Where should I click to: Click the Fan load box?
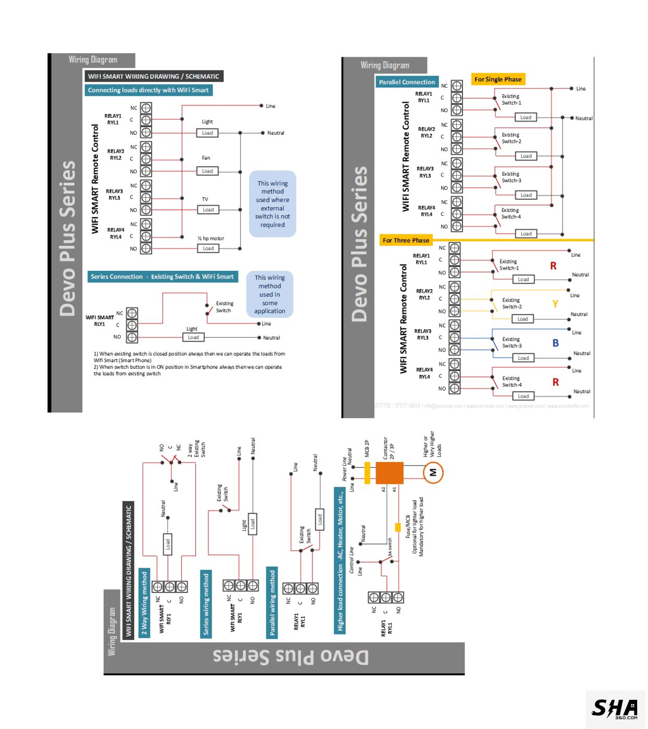207,171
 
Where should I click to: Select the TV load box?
208,210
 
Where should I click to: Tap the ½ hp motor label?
210,238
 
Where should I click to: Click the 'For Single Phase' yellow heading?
497,79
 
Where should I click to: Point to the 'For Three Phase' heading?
406,241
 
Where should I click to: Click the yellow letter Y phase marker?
555,304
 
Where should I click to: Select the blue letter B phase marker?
555,343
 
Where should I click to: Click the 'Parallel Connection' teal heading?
407,82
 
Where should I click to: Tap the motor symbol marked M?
433,473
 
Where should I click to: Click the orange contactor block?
389,473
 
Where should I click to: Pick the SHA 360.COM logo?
615,709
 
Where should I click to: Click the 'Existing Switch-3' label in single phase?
511,177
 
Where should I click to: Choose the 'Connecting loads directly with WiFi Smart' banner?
148,90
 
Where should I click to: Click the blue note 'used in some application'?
270,294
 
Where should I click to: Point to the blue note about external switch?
272,204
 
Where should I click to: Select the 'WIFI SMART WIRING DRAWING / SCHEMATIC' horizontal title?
154,77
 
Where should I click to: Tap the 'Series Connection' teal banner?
162,276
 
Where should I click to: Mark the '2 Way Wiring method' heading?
144,603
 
